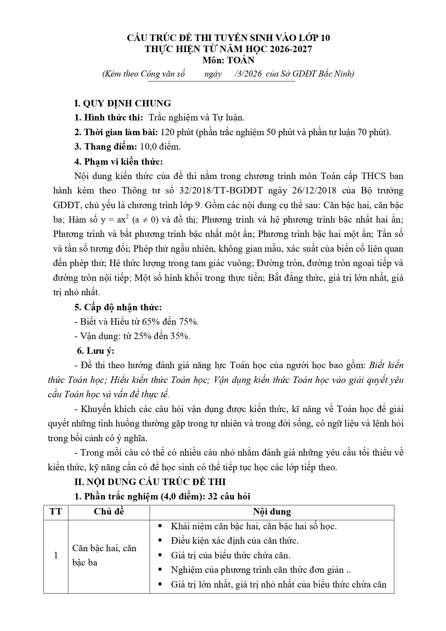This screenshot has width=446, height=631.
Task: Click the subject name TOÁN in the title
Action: pyautogui.click(x=242, y=60)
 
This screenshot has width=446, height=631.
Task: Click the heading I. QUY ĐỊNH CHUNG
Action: pyautogui.click(x=123, y=104)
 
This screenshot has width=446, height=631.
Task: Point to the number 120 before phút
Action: pyautogui.click(x=167, y=132)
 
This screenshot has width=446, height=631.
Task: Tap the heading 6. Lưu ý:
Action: pyautogui.click(x=96, y=351)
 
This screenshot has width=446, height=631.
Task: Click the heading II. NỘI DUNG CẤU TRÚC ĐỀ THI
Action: pyautogui.click(x=150, y=482)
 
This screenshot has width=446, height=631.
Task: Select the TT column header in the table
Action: pyautogui.click(x=56, y=512)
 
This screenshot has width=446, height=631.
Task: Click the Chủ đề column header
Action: pyautogui.click(x=109, y=512)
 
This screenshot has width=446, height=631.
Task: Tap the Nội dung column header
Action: pyautogui.click(x=272, y=512)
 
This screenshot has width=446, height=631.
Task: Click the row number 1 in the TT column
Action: pyautogui.click(x=56, y=555)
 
